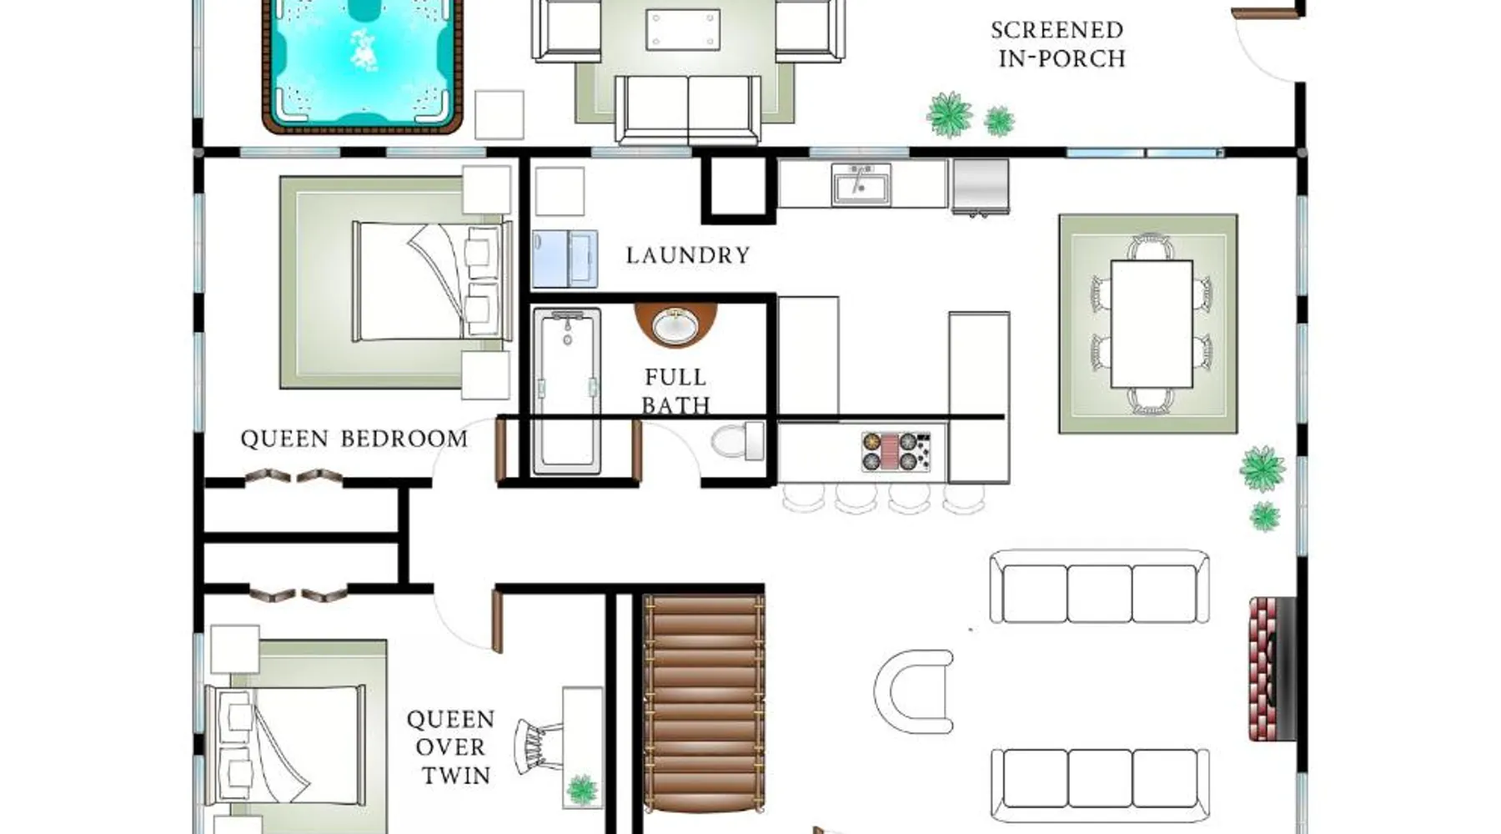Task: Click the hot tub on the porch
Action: tap(362, 66)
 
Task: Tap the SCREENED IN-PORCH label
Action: tap(1057, 44)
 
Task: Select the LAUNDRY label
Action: tap(688, 255)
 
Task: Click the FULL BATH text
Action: tap(675, 391)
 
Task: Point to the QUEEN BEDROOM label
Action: tap(354, 439)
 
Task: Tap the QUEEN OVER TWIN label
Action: tap(450, 747)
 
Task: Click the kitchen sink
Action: tap(861, 184)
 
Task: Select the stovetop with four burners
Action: tap(896, 451)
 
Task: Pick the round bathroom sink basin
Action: tap(675, 325)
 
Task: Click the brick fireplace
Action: tap(1272, 668)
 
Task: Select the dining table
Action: tap(1152, 324)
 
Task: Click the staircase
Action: tap(704, 702)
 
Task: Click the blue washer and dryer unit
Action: tap(565, 259)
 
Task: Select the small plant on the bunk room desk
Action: tap(582, 789)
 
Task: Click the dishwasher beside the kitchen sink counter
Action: tap(981, 187)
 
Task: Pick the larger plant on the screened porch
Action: tap(950, 115)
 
